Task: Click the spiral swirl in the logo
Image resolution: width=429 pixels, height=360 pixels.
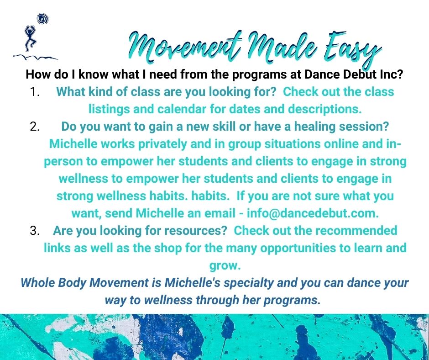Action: pos(42,19)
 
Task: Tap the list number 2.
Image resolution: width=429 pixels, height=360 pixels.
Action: pos(35,127)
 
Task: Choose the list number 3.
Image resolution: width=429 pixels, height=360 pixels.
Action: pos(35,231)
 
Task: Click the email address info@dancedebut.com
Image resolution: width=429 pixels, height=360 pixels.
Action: pos(313,213)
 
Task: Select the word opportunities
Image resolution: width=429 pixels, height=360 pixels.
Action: pos(298,248)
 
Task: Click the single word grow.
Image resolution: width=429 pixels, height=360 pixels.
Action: pos(225,266)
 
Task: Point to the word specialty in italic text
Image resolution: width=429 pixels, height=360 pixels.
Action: pos(248,283)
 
